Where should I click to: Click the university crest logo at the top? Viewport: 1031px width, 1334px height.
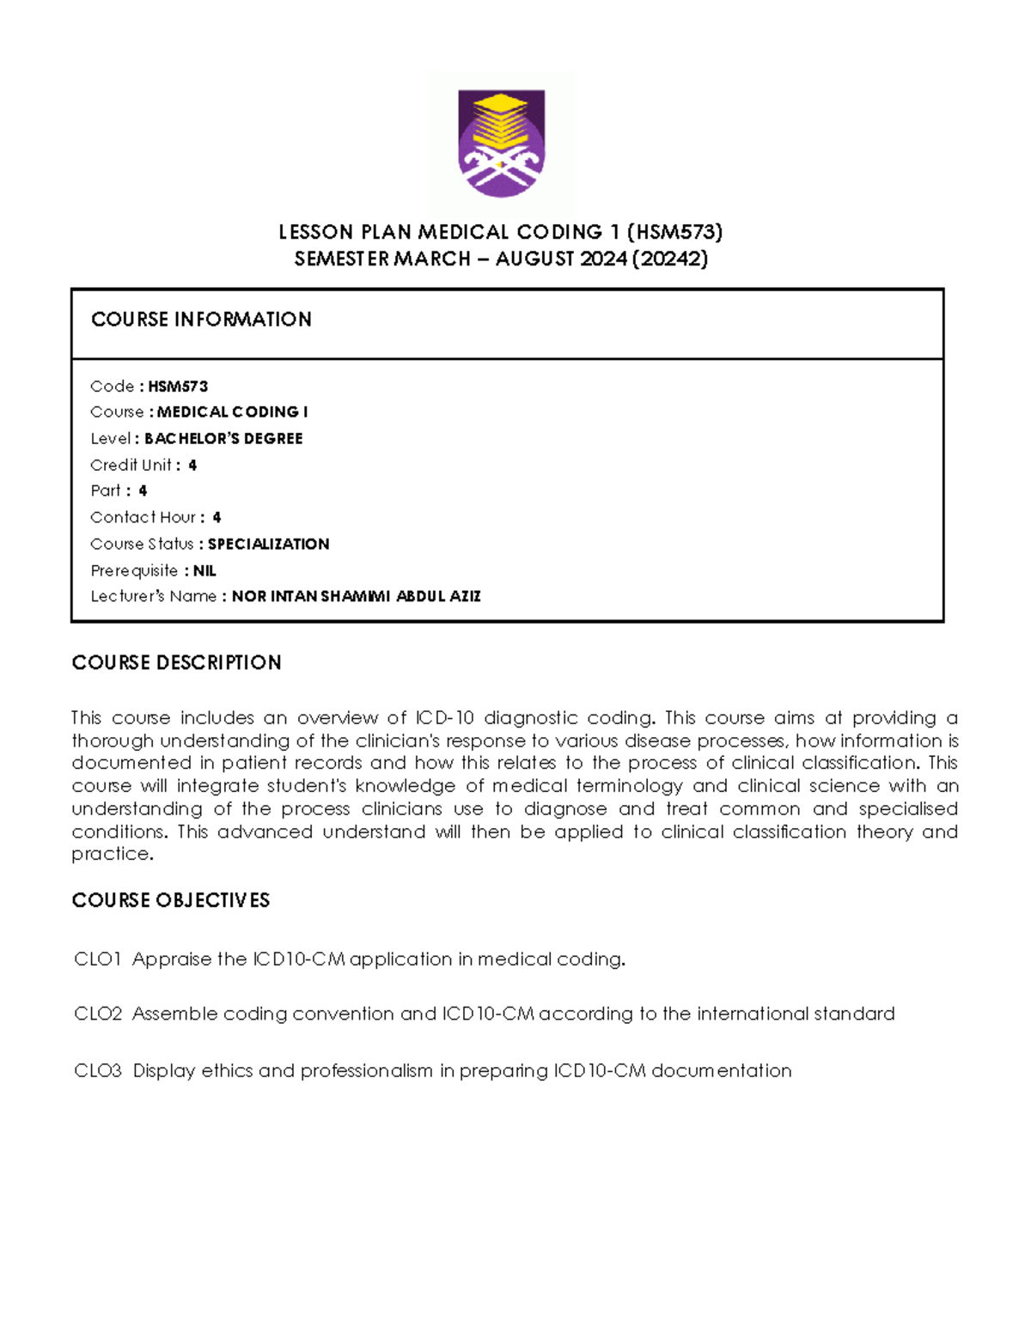click(x=501, y=143)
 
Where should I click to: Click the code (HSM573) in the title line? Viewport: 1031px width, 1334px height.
click(x=675, y=232)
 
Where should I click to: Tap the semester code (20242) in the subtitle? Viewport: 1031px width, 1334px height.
click(x=669, y=259)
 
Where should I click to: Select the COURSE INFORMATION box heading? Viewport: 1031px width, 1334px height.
click(x=201, y=320)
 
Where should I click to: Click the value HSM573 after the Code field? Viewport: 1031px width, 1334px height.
click(x=178, y=387)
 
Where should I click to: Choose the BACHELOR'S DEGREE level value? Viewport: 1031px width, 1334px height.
click(x=223, y=439)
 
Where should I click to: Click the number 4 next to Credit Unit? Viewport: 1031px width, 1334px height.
click(x=192, y=466)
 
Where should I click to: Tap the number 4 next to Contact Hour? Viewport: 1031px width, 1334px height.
click(x=217, y=518)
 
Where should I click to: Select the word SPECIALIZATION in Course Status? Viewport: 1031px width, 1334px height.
click(x=268, y=545)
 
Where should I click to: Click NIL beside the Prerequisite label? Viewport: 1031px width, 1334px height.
click(x=204, y=571)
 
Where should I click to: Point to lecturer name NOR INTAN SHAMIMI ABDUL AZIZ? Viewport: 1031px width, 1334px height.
click(x=356, y=597)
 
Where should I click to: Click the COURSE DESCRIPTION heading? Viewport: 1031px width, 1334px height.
click(x=176, y=663)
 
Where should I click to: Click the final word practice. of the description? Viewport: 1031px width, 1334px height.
click(x=113, y=855)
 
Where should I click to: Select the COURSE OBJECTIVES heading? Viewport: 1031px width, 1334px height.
click(x=170, y=900)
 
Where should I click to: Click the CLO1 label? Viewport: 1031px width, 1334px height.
click(x=98, y=959)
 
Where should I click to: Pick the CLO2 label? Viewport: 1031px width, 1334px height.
click(x=98, y=1014)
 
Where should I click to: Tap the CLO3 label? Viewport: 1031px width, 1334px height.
click(x=98, y=1071)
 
